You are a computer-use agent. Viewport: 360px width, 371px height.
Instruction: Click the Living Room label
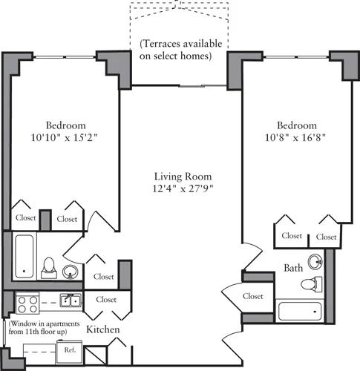click(x=183, y=177)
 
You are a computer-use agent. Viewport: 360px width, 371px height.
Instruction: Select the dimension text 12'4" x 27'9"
click(x=183, y=190)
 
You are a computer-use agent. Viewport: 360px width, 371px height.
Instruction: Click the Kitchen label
click(x=103, y=329)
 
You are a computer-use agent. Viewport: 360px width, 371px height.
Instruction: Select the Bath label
click(x=292, y=268)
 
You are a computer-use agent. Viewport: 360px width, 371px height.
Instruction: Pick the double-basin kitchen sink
click(x=71, y=300)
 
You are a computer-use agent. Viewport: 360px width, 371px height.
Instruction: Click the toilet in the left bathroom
click(x=49, y=266)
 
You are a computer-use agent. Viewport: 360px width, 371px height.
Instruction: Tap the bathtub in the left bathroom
click(x=23, y=257)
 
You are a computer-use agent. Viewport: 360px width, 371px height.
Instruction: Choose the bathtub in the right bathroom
click(x=301, y=311)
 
